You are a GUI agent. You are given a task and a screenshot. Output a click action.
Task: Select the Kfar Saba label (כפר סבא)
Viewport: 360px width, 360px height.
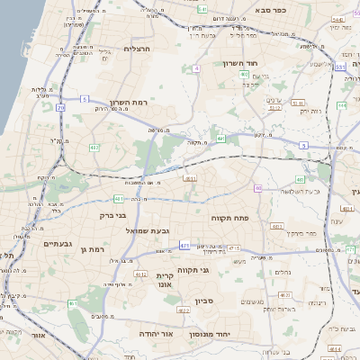coord(269,10)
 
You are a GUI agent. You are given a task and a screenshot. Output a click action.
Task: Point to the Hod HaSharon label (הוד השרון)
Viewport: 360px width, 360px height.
coord(241,64)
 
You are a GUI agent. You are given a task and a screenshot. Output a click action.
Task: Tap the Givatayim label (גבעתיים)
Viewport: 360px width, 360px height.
coord(58,243)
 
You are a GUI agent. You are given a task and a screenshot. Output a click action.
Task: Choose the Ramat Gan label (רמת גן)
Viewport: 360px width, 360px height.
coord(92,248)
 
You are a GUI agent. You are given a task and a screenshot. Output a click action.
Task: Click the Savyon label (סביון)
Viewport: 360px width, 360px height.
coord(202,301)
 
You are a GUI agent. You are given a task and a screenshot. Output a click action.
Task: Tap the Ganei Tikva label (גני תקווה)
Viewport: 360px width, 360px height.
coord(216,268)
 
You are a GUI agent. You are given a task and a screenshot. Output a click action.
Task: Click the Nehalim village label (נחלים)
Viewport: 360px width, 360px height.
coord(282,271)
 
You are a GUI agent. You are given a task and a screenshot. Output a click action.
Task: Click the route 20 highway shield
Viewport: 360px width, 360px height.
coord(61,107)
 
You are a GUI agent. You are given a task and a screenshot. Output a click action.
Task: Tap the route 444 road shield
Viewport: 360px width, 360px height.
coord(342,105)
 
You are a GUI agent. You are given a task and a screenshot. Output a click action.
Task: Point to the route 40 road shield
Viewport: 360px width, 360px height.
coord(258,188)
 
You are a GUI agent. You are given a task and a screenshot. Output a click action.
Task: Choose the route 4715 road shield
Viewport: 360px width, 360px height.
coord(234,247)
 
